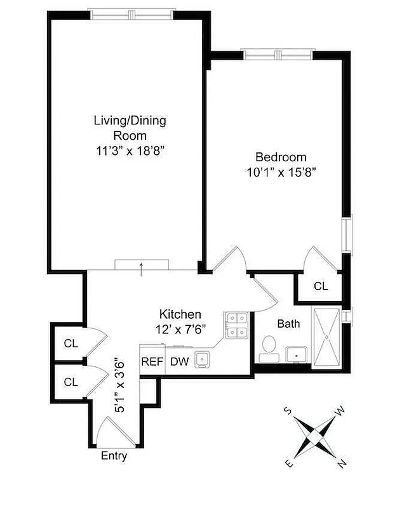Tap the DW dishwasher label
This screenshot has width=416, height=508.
point(178,362)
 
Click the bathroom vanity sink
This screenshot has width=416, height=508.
point(296,353)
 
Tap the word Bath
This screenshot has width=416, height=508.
point(288,324)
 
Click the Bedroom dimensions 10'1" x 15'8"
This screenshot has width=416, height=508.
point(281,171)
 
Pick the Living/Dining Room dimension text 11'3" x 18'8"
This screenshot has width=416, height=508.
point(130,150)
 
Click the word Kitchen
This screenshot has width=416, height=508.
point(180,314)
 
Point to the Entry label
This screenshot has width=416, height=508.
point(114,456)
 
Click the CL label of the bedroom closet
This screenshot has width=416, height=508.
point(321,286)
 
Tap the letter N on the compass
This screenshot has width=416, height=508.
point(342,465)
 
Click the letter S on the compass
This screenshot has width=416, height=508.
point(288,411)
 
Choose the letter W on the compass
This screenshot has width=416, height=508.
point(340,411)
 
